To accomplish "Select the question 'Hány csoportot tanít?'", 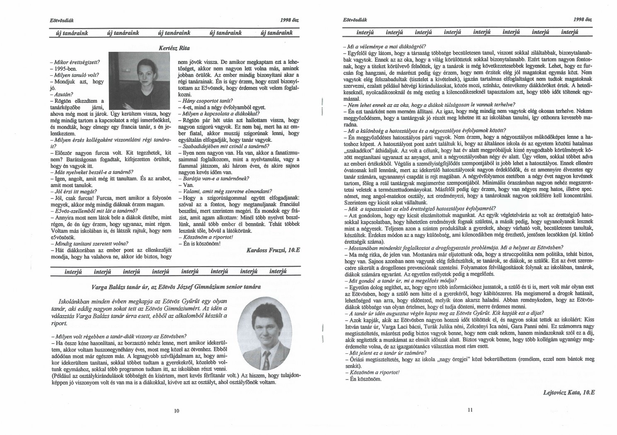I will click(205, 101).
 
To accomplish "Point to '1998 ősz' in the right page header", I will click(584, 20).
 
